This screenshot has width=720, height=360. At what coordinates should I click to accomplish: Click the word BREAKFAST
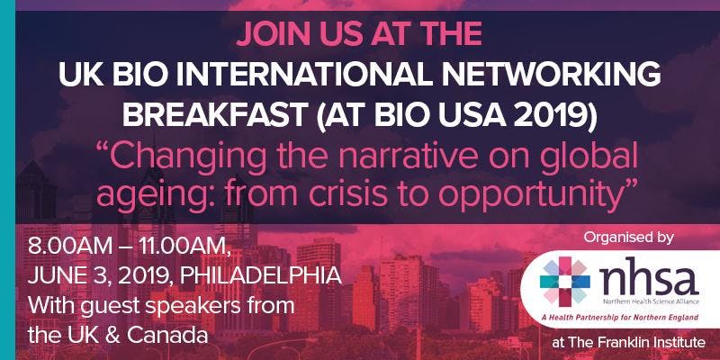(215, 114)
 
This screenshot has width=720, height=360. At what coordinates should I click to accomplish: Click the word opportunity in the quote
(535, 196)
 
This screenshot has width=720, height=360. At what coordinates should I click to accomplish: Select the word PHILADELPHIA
(261, 276)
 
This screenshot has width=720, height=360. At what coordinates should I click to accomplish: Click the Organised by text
(628, 238)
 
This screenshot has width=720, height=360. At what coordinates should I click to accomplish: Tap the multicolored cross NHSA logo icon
(565, 281)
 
